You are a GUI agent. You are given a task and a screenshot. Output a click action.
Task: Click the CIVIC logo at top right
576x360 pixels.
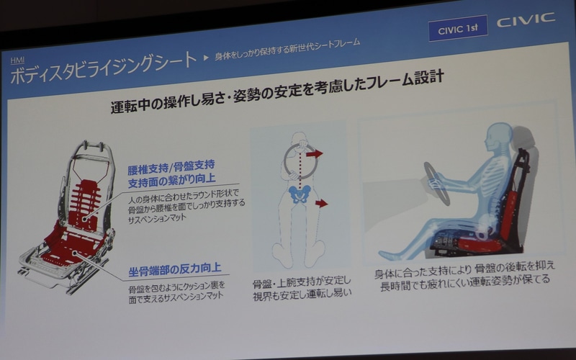point(526,20)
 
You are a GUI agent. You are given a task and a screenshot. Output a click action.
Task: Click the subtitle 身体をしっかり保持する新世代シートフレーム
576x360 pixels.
point(288,49)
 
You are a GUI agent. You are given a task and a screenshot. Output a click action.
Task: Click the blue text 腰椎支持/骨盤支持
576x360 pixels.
point(171,166)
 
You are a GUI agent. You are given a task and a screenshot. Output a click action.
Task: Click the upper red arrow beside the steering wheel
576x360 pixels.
point(314,153)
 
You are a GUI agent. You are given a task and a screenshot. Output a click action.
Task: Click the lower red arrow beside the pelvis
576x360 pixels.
point(321,203)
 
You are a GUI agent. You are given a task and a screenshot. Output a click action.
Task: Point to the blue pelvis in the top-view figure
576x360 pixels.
point(299,192)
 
